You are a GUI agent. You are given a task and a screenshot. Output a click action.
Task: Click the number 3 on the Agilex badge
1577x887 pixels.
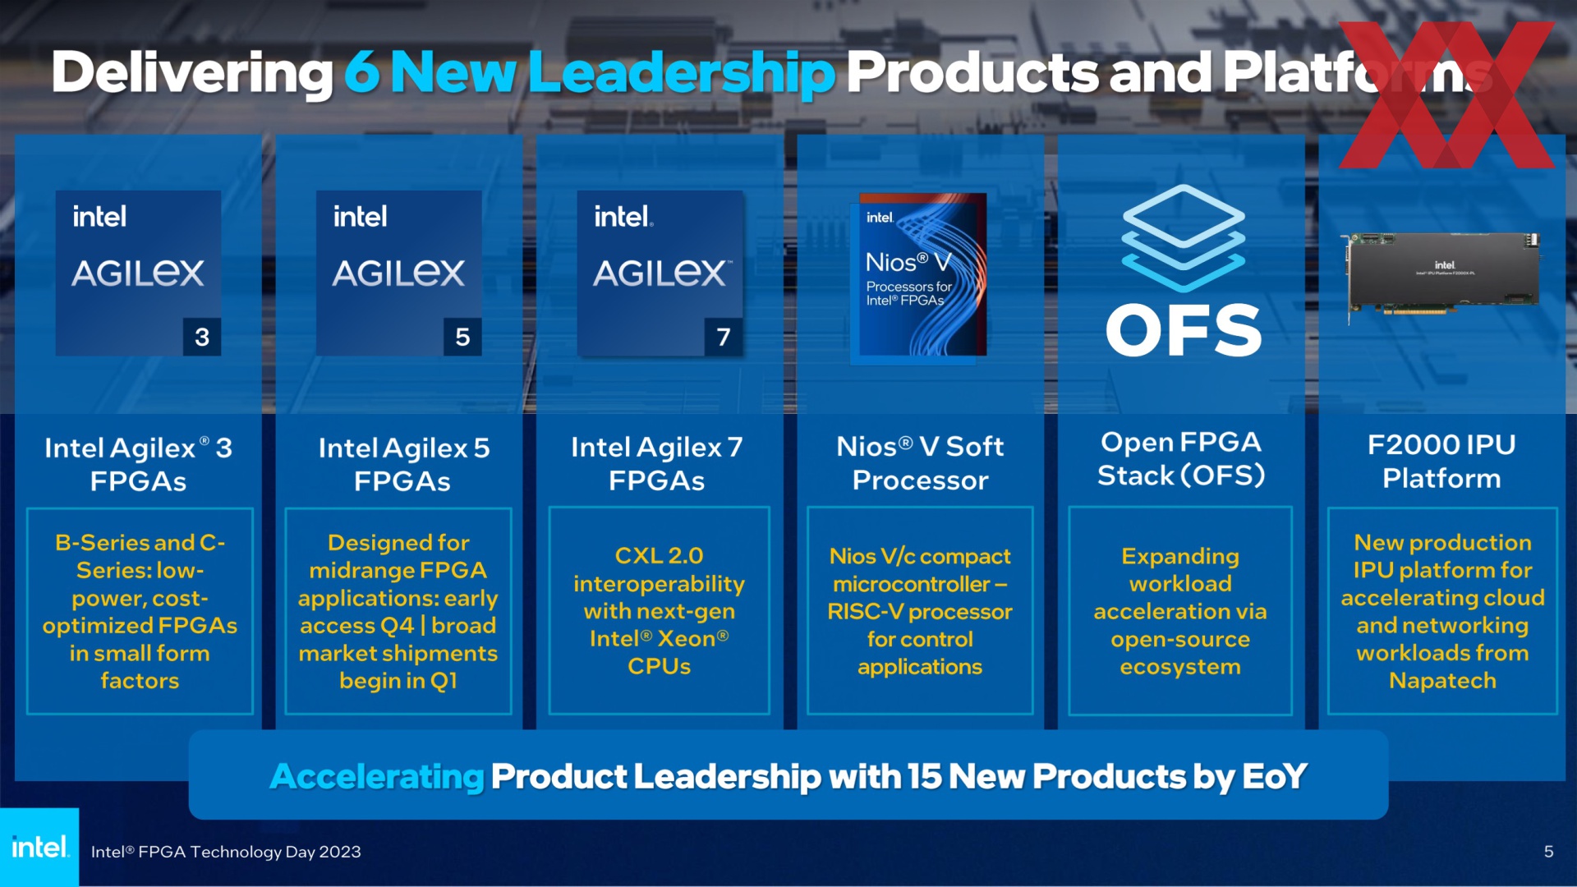202,337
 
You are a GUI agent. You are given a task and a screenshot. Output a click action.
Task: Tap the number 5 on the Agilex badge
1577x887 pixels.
462,337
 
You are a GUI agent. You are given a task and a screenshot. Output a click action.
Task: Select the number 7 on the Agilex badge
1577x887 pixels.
724,337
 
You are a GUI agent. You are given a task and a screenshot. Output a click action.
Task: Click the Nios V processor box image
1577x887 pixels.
922,274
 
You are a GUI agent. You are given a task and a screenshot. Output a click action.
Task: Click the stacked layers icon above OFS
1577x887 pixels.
1184,237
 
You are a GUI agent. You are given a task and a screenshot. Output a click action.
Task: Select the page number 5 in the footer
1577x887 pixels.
1548,852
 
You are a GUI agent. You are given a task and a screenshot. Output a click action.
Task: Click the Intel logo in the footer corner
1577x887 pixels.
39,847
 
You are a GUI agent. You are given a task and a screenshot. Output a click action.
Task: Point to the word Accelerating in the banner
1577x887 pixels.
377,776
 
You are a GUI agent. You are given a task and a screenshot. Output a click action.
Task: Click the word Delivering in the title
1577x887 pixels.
192,73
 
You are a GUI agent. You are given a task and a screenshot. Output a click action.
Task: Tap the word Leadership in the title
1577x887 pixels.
682,73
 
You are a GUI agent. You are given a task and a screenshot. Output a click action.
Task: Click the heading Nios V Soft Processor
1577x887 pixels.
920,463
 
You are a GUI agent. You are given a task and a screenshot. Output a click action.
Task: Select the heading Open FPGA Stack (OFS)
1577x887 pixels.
1181,458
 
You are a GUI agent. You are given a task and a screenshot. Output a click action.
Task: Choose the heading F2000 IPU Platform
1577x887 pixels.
1441,462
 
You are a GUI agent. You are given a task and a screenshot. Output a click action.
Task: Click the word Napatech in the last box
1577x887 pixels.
1442,681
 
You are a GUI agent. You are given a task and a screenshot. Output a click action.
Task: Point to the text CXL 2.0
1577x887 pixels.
659,556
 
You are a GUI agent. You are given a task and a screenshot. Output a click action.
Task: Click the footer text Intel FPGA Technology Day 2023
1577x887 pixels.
226,852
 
